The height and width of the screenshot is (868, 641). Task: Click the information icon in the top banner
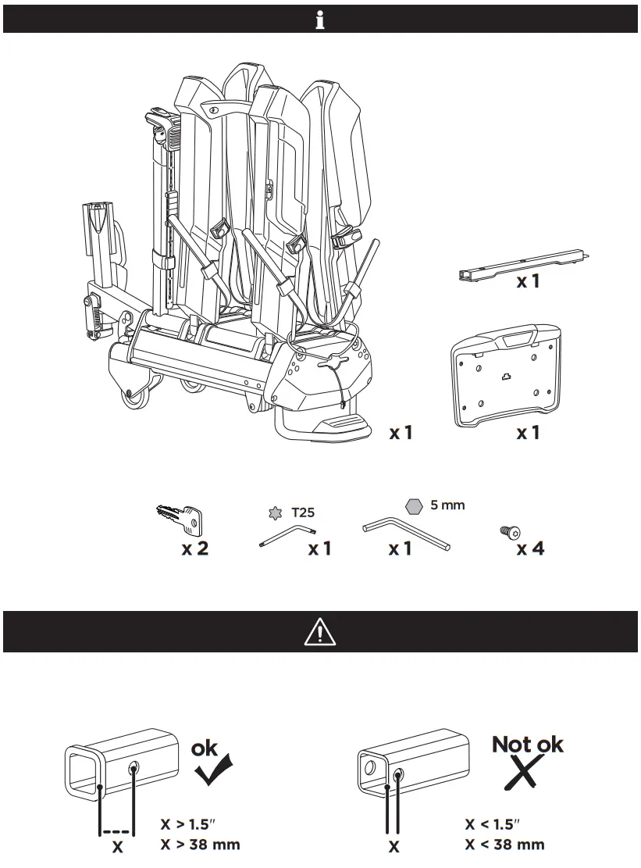pyautogui.click(x=320, y=20)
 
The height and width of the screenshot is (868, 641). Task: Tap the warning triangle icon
pyautogui.click(x=320, y=631)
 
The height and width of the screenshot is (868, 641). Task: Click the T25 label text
pyautogui.click(x=303, y=513)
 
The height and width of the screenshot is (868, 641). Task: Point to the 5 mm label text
pyautogui.click(x=447, y=505)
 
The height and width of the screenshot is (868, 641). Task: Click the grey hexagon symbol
pyautogui.click(x=415, y=506)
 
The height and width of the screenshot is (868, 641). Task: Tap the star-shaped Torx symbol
pyautogui.click(x=274, y=513)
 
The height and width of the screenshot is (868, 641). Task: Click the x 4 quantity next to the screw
pyautogui.click(x=531, y=548)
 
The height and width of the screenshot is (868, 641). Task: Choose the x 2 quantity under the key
pyautogui.click(x=195, y=548)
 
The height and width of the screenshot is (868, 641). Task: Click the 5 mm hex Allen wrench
pyautogui.click(x=406, y=536)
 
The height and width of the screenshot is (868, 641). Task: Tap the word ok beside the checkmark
pyautogui.click(x=205, y=748)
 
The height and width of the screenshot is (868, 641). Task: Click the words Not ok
pyautogui.click(x=528, y=744)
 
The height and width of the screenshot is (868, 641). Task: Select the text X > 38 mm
pyautogui.click(x=201, y=844)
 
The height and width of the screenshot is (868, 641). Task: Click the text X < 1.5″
pyautogui.click(x=493, y=824)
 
